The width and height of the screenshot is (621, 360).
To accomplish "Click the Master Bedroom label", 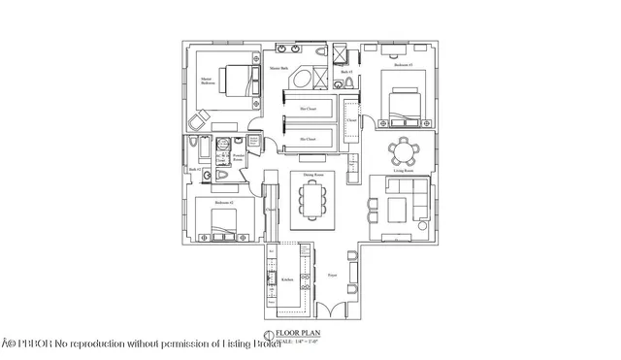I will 207,82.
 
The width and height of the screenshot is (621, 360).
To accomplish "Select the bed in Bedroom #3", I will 404,103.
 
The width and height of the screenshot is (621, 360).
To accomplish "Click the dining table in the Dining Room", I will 311,202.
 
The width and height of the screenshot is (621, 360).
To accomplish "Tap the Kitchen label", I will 287,279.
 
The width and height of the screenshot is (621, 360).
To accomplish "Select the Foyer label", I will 332,275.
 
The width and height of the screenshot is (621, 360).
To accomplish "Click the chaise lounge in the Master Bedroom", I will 197,119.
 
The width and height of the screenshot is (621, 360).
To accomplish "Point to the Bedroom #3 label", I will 403,65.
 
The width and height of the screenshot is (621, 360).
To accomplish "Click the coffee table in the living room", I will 398,209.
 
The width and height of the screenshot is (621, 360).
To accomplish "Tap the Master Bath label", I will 278,67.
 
